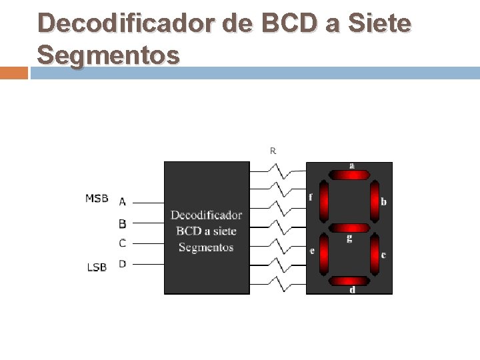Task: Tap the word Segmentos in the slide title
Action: point(108,55)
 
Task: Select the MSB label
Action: point(97,198)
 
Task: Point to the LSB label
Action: point(97,267)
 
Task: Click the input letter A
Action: point(123,201)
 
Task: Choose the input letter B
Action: point(123,223)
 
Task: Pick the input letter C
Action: point(123,243)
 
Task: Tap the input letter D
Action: point(123,264)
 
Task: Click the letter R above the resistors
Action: point(273,151)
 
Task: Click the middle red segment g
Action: point(349,228)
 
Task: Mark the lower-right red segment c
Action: point(375,253)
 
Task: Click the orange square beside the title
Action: point(13,73)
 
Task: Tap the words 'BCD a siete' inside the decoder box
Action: point(206,231)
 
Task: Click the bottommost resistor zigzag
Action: point(278,285)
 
